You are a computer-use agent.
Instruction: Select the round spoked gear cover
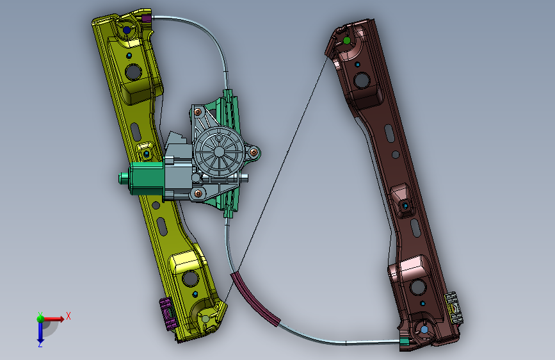[219, 152]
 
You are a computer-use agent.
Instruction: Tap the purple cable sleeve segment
[255, 299]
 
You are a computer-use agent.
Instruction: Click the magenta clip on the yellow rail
[167, 314]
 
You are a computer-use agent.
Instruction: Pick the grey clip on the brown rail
[453, 307]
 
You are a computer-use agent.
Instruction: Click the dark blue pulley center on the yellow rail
[126, 30]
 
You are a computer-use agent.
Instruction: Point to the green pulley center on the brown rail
[347, 41]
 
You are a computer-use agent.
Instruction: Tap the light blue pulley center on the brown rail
[424, 330]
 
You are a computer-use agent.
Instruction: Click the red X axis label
[68, 316]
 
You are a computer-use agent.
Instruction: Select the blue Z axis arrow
[40, 331]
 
